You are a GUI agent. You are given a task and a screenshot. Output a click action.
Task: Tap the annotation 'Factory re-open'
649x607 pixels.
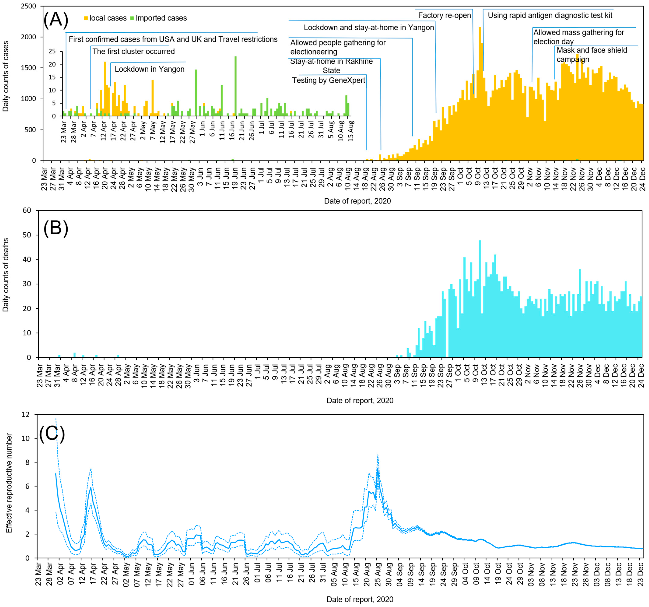[x=444, y=15]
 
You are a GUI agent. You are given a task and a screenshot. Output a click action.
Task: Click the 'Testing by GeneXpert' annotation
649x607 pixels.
[x=328, y=80]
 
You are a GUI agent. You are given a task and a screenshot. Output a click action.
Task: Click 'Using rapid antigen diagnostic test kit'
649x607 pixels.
[x=550, y=15]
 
